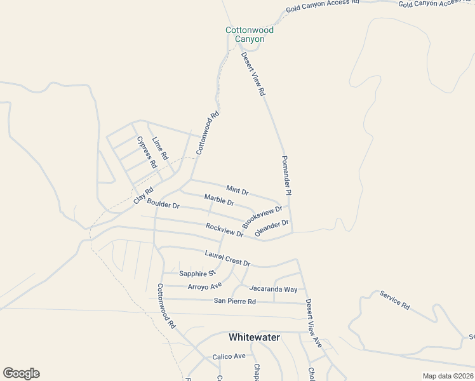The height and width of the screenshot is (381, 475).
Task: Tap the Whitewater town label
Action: [254, 337]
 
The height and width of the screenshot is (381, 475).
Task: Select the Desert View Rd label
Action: [253, 74]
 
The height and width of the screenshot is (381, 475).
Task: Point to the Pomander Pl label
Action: [286, 175]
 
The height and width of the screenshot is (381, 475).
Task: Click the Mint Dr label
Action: [237, 189]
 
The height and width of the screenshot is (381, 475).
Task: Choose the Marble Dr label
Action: [219, 201]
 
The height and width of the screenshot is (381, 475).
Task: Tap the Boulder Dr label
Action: [163, 204]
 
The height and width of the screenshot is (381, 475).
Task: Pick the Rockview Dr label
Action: [225, 230]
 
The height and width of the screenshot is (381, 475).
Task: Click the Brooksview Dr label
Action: [262, 217]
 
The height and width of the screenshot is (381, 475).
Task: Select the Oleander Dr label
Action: [272, 229]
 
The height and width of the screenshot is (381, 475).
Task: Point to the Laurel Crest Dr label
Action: [227, 258]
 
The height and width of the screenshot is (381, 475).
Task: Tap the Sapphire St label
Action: [197, 274]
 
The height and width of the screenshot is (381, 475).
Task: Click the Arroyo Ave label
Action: [204, 286]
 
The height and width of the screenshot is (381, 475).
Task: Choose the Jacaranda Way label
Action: [273, 289]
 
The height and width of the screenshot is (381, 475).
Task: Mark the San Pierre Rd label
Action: [234, 301]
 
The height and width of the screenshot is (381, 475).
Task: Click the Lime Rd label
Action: [160, 148]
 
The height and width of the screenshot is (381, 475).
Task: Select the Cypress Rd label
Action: [147, 152]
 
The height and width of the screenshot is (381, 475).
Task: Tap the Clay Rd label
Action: [144, 196]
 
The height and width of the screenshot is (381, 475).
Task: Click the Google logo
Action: [21, 373]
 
